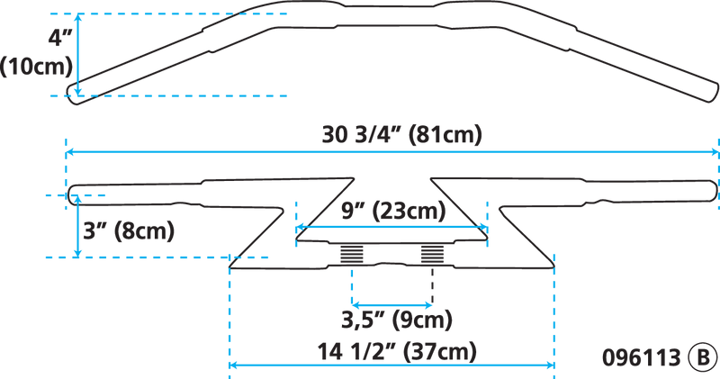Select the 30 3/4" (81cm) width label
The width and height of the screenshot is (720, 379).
403,136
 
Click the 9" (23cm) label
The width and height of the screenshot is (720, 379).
393,212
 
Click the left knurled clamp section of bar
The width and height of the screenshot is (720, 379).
352,255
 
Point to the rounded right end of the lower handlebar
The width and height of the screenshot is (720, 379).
713,189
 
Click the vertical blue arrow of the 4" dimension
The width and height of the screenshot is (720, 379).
79,53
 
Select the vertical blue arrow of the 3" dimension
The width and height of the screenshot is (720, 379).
76,226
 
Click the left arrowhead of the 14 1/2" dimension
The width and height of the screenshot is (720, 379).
232,365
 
